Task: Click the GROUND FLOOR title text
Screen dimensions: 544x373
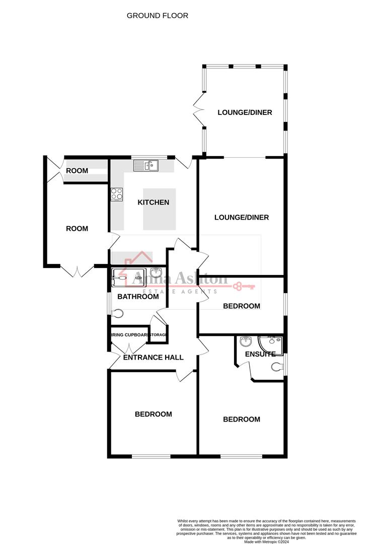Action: [x=157, y=16]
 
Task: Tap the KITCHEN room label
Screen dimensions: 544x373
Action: [x=154, y=202]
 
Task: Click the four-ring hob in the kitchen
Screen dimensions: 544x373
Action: [x=117, y=194]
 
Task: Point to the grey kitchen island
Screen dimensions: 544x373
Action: [x=160, y=209]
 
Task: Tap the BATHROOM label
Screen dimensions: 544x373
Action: [x=138, y=297]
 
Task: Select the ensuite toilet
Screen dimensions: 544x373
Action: [x=276, y=367]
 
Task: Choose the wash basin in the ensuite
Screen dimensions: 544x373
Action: [x=246, y=342]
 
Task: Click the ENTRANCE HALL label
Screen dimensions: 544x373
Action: [x=154, y=357]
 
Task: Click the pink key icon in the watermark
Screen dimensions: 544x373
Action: [x=244, y=287]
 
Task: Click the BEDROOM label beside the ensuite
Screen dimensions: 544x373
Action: [x=242, y=419]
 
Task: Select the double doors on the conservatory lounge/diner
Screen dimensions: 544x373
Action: [x=198, y=111]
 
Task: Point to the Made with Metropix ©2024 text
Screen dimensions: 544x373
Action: [x=266, y=541]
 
